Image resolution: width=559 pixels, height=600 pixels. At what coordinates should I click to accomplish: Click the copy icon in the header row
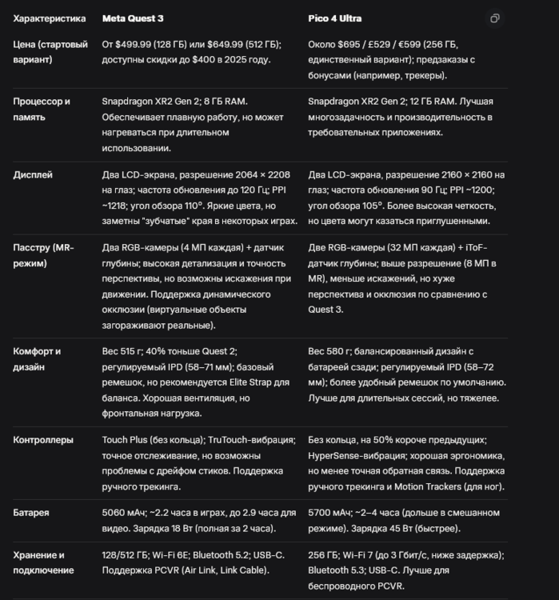(495, 18)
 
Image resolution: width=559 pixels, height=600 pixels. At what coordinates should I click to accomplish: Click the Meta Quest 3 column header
(133, 18)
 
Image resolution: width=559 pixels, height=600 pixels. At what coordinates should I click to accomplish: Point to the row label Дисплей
(33, 174)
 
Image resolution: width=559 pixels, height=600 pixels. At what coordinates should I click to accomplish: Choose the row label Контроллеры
(43, 440)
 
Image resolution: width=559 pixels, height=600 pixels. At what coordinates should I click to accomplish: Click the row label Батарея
(31, 513)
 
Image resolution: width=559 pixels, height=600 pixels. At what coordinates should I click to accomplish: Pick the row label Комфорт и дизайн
(37, 358)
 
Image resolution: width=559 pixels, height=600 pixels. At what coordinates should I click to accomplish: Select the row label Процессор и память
(42, 109)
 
